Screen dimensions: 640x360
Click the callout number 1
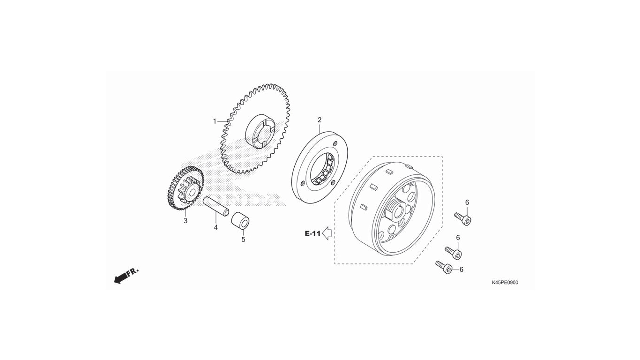coord(215,121)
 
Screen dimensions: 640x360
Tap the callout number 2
coord(320,120)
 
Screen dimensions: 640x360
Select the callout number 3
coord(186,221)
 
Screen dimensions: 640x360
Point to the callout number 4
coord(216,228)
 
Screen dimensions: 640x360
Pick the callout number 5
coord(243,240)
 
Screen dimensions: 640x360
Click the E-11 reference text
coord(313,233)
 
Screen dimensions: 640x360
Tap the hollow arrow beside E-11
coord(327,233)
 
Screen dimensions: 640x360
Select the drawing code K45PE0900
coord(505,283)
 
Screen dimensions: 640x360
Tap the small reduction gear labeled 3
coord(186,188)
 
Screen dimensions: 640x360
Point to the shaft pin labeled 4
coord(216,207)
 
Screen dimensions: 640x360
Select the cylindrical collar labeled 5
coord(240,220)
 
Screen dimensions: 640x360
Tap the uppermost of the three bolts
coord(463,219)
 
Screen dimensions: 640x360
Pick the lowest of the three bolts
coord(444,267)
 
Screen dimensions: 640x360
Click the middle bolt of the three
coord(454,253)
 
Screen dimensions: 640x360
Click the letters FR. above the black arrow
coord(133,271)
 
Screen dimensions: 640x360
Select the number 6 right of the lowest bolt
coord(461,270)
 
